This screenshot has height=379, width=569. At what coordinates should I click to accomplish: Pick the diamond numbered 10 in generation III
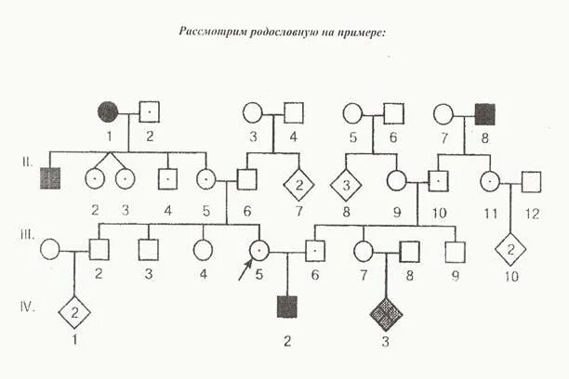509,248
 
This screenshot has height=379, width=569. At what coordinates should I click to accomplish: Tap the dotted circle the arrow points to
261,249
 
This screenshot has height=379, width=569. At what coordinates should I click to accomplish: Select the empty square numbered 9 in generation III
455,249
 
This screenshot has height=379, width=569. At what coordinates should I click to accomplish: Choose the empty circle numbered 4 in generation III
202,249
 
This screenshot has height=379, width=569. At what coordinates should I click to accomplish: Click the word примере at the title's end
364,32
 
